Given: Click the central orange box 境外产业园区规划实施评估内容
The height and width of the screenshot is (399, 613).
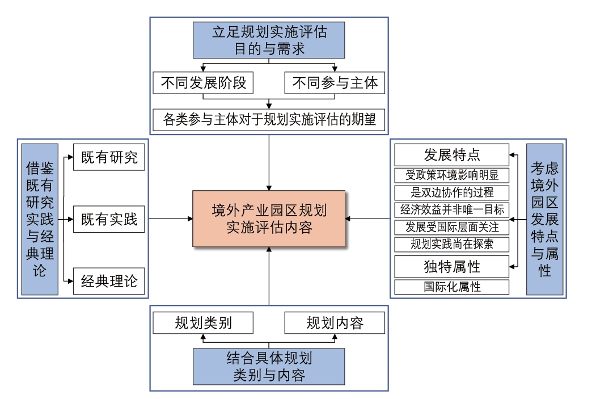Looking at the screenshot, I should [x=269, y=219].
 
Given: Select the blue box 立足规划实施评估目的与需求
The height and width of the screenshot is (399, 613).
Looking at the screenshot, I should [x=269, y=40].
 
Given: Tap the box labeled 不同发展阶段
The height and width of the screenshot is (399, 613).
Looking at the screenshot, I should [x=203, y=83].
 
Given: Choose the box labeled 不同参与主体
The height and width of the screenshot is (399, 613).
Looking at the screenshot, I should [x=335, y=83].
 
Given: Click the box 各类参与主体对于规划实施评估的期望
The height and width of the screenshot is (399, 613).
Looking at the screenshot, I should [x=269, y=120].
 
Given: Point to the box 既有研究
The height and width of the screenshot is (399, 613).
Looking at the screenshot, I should [x=109, y=158].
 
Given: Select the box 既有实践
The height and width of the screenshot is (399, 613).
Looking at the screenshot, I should [x=109, y=219].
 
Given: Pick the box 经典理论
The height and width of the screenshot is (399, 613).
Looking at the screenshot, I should [x=109, y=281].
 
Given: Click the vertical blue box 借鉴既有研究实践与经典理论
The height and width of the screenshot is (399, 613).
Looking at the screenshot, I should [x=40, y=219].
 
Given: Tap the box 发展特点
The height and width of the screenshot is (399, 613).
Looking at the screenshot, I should [x=451, y=155].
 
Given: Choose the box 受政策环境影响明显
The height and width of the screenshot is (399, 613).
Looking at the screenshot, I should [x=451, y=175].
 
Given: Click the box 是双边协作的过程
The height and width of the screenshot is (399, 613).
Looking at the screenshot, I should [x=451, y=192].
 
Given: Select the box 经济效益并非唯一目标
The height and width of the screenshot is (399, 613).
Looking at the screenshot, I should [x=451, y=209].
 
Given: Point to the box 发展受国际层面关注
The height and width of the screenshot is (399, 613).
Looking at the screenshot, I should [x=451, y=227].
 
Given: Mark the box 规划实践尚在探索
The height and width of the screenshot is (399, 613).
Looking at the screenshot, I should [x=451, y=245].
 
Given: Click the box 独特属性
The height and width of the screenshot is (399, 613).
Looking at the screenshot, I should [x=451, y=266].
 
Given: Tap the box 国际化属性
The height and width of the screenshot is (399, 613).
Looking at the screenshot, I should [x=451, y=287].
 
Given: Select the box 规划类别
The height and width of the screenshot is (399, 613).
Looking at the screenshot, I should [x=203, y=323].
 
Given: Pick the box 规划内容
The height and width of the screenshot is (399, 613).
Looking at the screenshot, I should [x=335, y=323].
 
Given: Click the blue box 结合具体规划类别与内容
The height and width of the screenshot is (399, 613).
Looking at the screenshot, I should [x=269, y=367].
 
